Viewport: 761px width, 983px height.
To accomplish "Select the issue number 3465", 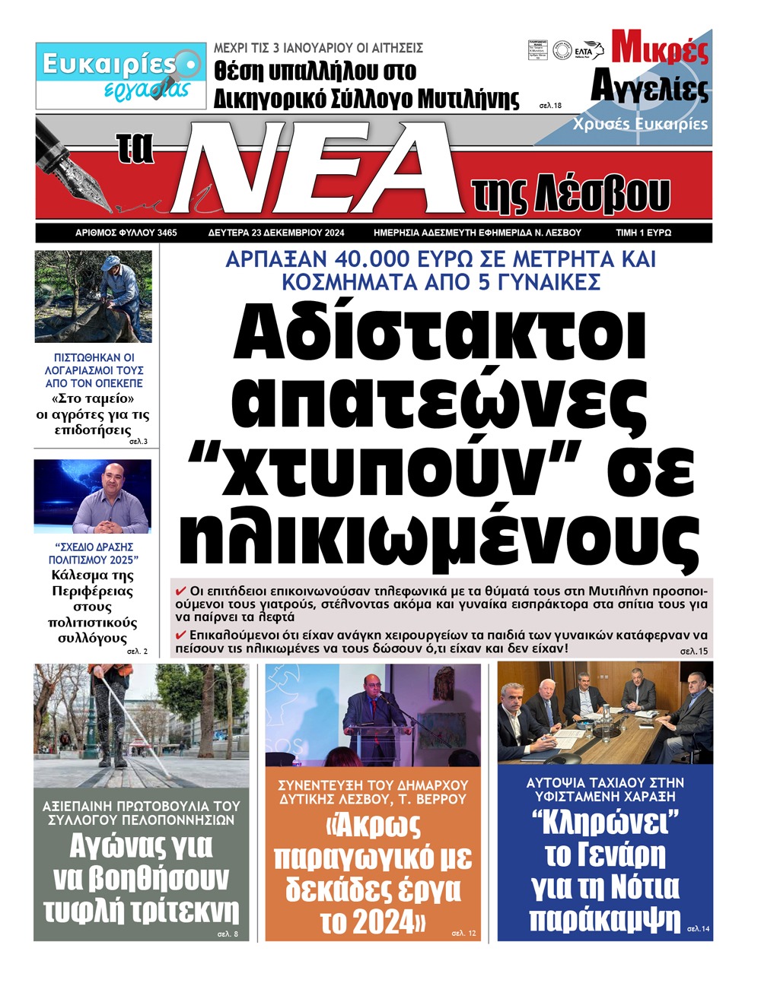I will pos(164,233).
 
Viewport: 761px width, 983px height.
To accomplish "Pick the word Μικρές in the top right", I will pos(660,50).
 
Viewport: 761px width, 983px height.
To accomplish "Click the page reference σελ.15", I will pos(693,652).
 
